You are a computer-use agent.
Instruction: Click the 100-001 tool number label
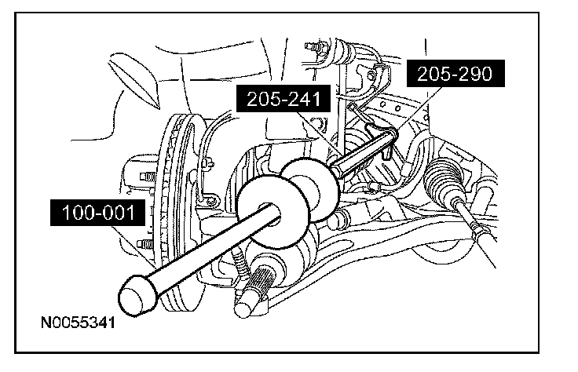click(97, 213)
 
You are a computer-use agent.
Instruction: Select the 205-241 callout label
click(283, 99)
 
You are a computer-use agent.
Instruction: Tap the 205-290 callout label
click(455, 74)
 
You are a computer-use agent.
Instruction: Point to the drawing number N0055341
click(78, 323)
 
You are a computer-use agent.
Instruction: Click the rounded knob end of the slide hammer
click(137, 296)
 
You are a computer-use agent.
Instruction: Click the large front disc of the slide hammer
click(273, 210)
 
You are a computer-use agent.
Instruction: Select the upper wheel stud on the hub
click(148, 177)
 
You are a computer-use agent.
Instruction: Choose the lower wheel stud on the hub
click(146, 244)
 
